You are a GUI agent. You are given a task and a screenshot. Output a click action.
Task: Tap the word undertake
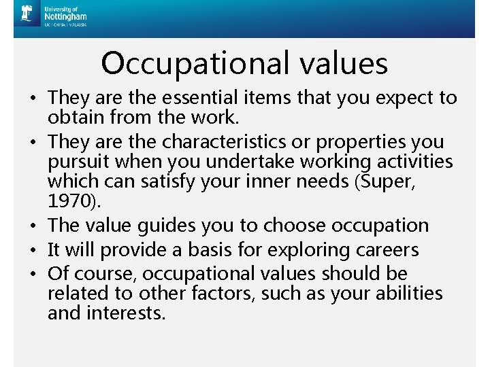tap(262, 162)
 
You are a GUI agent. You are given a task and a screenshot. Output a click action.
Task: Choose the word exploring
tap(307, 250)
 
